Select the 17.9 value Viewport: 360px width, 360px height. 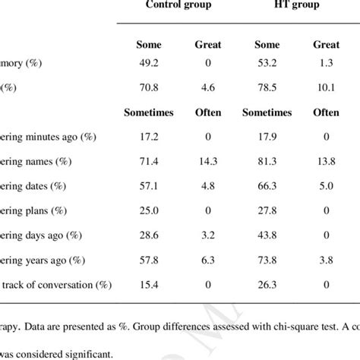point(259,137)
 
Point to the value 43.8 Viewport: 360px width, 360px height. point(259,235)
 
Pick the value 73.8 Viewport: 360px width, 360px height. point(259,261)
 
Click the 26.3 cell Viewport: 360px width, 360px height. point(259,285)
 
